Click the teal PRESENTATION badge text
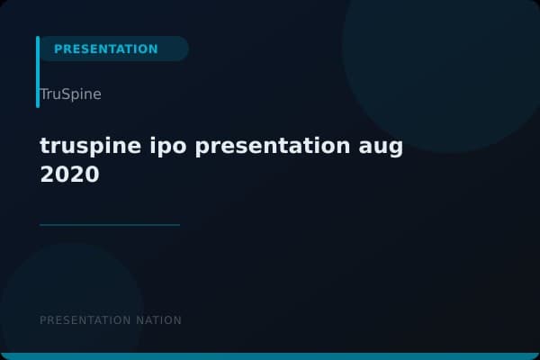[x=105, y=49]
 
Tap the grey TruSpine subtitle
[x=70, y=94]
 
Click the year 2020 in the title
[x=69, y=175]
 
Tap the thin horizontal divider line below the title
[x=110, y=225]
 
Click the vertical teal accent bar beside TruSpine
[x=38, y=72]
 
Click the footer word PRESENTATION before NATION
[x=85, y=320]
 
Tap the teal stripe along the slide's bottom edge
[x=270, y=356]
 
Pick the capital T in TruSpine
[x=44, y=94]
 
